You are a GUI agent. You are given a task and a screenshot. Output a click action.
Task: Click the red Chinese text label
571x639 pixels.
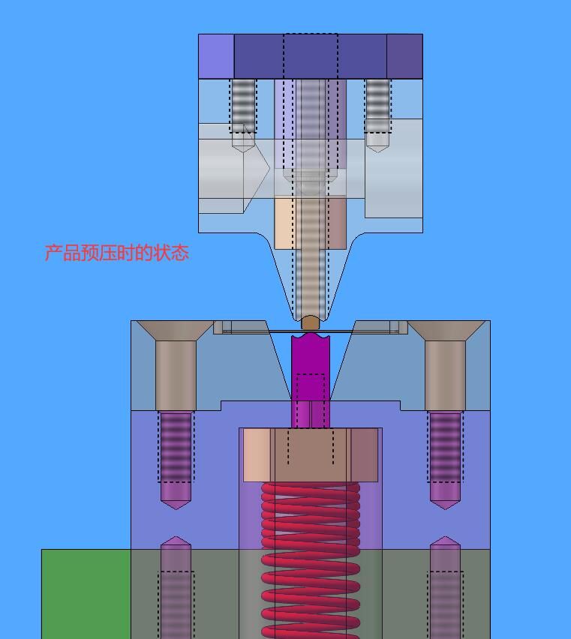tap(116, 253)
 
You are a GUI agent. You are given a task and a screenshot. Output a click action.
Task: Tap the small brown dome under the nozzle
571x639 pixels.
tap(311, 322)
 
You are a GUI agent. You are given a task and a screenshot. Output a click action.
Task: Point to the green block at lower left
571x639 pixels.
tap(86, 594)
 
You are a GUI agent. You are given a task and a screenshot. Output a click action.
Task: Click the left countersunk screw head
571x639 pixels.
tap(176, 331)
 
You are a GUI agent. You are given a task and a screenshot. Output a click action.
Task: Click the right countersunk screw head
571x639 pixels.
tap(446, 331)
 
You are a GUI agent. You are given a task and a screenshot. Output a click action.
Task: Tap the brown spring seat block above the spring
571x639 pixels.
tap(311, 454)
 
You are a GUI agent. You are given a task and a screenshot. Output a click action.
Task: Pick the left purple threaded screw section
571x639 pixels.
tap(176, 448)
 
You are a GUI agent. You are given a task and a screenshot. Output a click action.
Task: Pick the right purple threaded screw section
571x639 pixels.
tap(445, 448)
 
